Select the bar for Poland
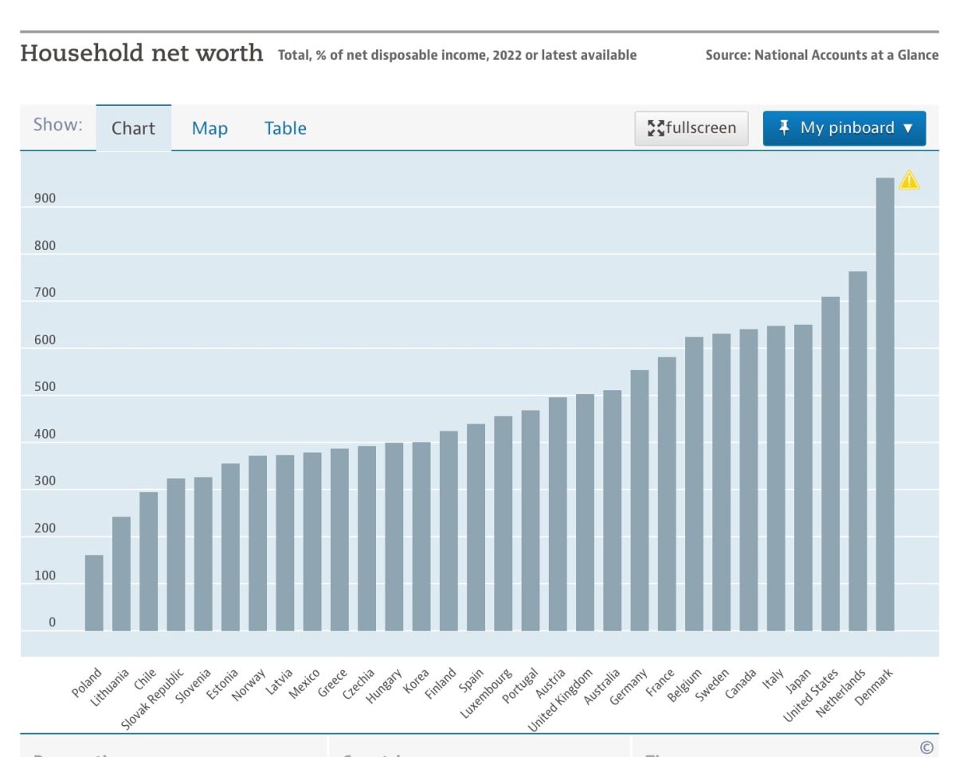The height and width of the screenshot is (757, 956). (x=94, y=593)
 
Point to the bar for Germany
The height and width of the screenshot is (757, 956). (x=640, y=501)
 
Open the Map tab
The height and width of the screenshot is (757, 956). (x=210, y=128)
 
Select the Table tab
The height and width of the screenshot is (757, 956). (x=285, y=128)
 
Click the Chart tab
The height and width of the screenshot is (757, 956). (x=133, y=128)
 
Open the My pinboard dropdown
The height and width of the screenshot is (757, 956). (x=844, y=128)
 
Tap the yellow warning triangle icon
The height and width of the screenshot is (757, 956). (x=909, y=181)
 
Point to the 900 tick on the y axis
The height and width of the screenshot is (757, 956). (x=45, y=198)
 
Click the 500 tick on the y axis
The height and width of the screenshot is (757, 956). (x=45, y=387)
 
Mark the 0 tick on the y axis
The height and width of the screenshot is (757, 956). (x=53, y=622)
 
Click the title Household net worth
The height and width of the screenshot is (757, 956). (x=142, y=53)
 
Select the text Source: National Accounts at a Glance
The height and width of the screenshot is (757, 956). (x=821, y=55)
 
